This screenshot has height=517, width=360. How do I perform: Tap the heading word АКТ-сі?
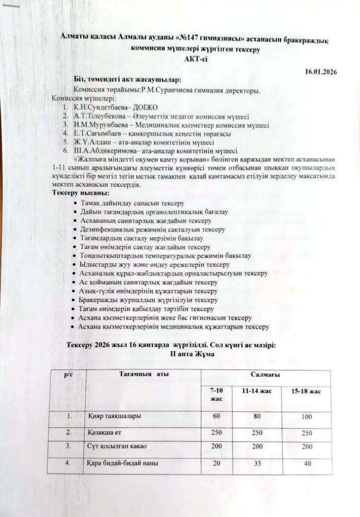pos(195,59)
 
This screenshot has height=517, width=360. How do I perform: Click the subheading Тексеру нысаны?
pos(80,193)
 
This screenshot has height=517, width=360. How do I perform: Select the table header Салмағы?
pos(265,375)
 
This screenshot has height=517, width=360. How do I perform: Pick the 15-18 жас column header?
pos(306,392)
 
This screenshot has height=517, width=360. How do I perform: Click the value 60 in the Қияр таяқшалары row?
pos(217,417)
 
